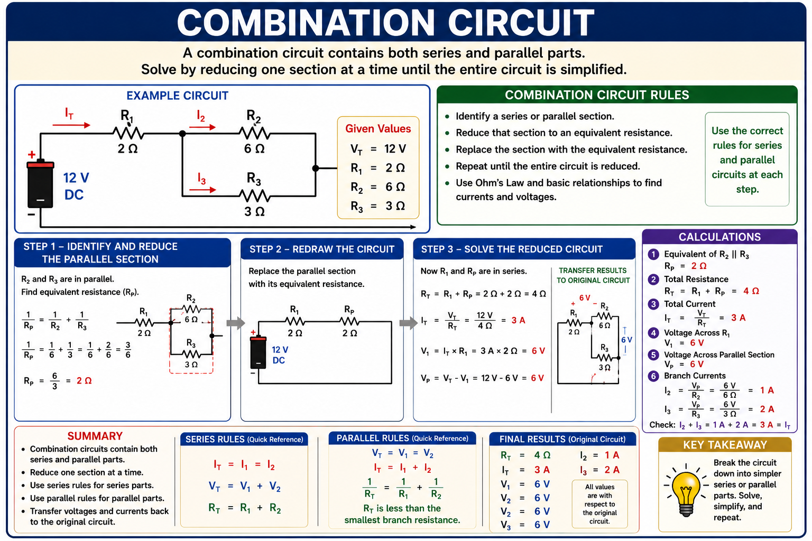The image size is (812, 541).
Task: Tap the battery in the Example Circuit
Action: click(40, 184)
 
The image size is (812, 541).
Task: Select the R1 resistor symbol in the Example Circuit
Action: click(128, 133)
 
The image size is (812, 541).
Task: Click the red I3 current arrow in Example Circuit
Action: click(202, 190)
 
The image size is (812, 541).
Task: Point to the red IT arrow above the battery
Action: click(71, 125)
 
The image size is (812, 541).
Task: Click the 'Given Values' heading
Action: click(378, 128)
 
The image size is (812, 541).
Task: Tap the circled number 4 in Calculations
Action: click(653, 333)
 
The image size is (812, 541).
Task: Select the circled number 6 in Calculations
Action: click(653, 376)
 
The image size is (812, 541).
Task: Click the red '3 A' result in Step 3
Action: click(518, 320)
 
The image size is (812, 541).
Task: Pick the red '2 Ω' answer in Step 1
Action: click(84, 380)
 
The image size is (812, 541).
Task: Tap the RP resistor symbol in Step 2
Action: click(349, 321)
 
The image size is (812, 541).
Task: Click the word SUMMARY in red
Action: click(95, 436)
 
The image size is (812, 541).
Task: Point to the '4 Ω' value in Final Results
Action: click(542, 455)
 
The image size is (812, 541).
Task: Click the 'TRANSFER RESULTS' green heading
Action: click(593, 270)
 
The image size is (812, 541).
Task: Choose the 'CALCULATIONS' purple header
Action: click(719, 237)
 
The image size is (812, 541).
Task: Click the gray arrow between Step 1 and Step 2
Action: click(236, 323)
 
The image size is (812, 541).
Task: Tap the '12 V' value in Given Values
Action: click(395, 148)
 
